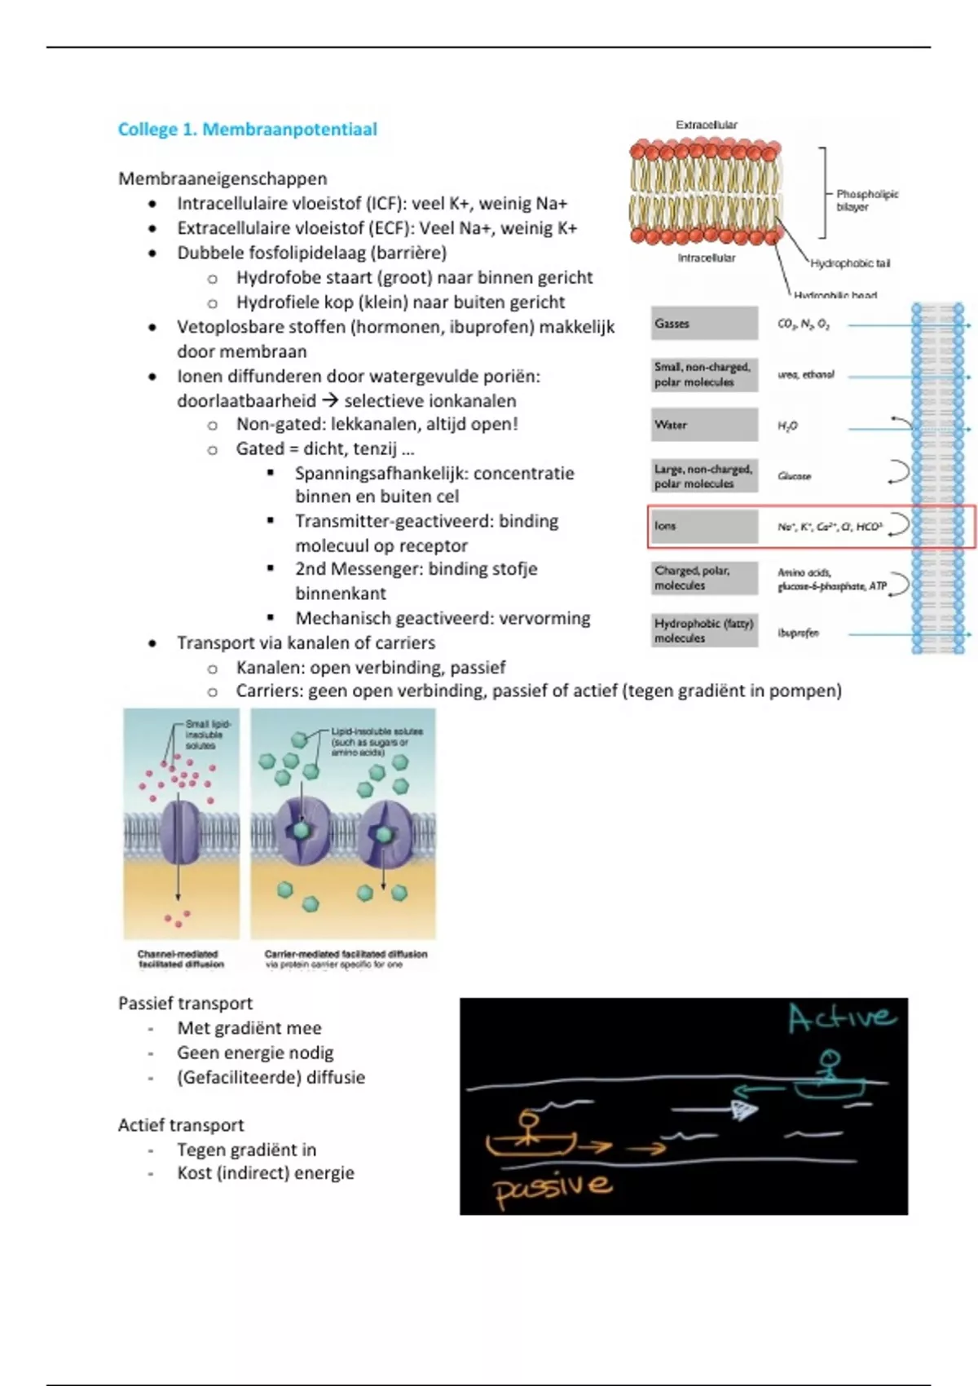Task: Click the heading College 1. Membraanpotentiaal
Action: pos(248,129)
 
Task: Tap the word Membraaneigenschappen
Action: pos(222,179)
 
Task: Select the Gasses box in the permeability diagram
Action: pos(704,324)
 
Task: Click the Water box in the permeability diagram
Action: pos(704,425)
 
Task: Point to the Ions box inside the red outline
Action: pos(704,527)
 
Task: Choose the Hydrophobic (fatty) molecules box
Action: pos(704,630)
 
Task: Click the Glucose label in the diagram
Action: pos(794,476)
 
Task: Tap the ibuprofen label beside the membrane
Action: pos(798,633)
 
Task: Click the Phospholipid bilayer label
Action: pos(866,200)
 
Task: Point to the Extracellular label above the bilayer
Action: pos(706,125)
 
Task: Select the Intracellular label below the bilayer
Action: pos(706,258)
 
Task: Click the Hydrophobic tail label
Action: pos(850,263)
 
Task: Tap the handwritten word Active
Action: pos(842,1018)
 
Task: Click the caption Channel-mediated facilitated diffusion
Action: pos(178,959)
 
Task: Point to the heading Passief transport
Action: pos(185,1003)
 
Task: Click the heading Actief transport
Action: pos(181,1125)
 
